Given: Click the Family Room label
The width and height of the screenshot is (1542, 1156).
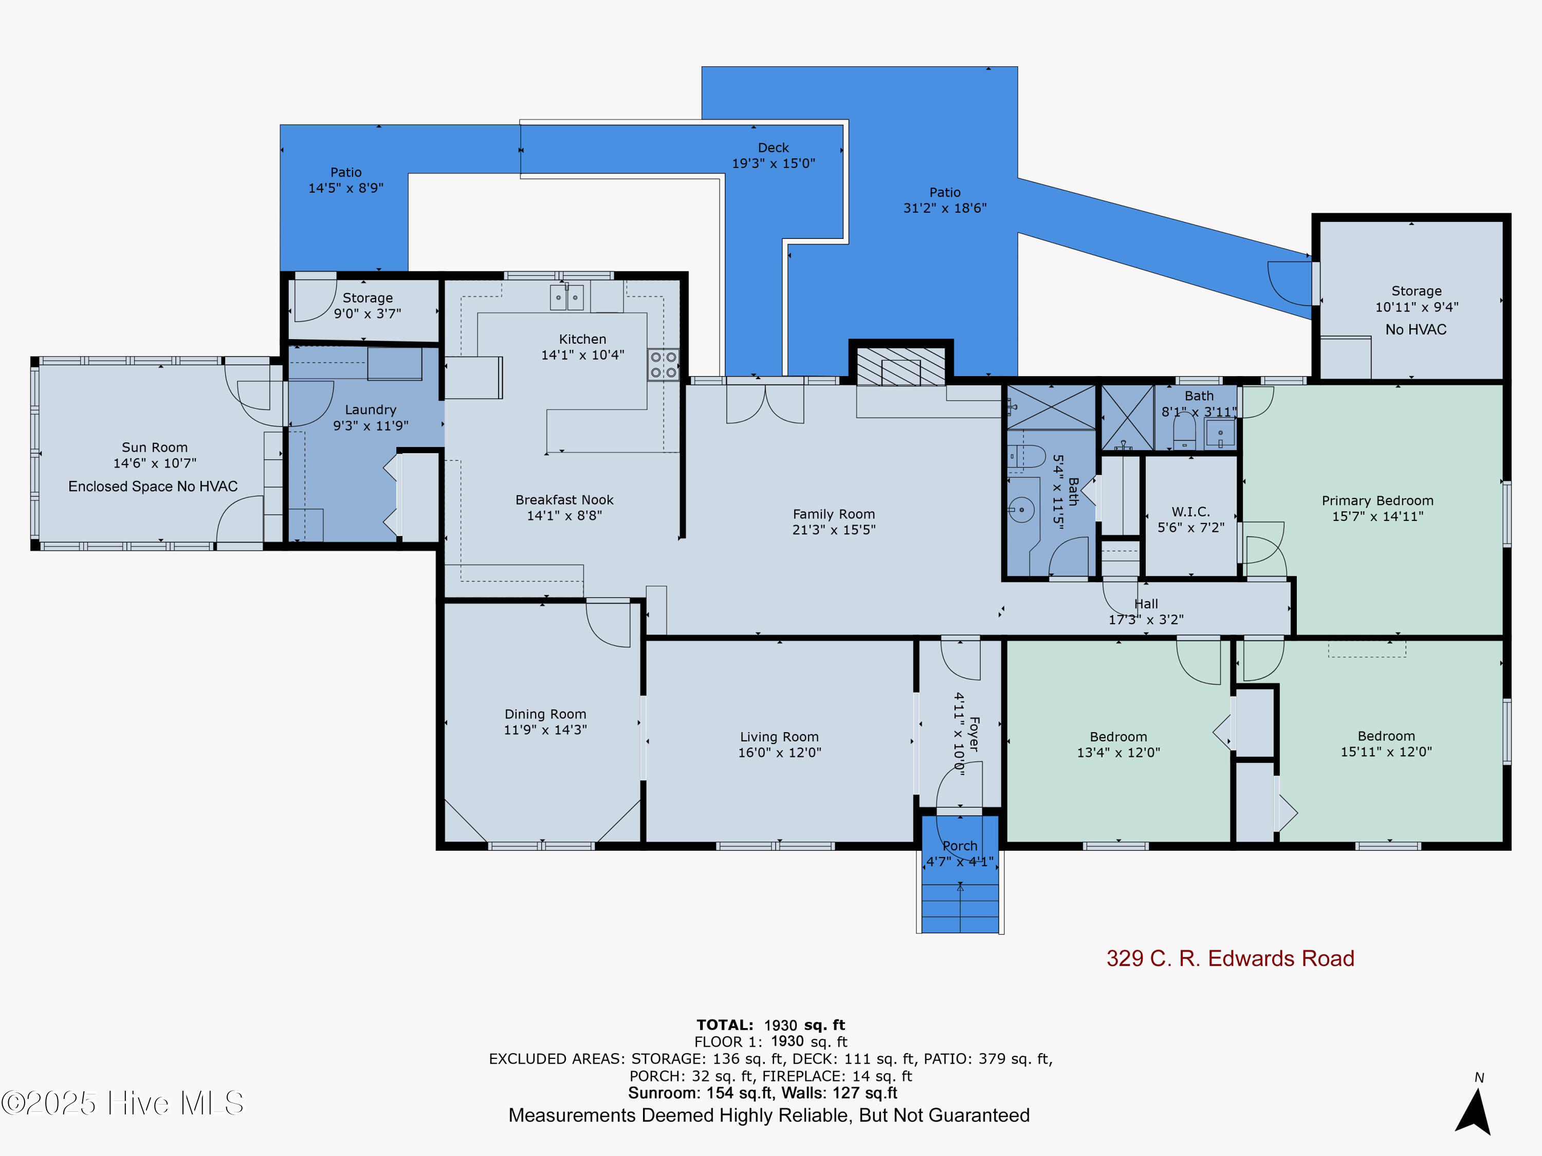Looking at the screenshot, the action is (834, 514).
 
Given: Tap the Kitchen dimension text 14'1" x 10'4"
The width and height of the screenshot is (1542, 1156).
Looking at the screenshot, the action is (583, 355).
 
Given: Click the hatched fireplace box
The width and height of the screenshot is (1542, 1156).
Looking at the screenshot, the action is (901, 366).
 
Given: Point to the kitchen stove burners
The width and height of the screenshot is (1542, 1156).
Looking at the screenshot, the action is (663, 364).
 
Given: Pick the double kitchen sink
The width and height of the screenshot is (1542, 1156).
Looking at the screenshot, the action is (567, 297).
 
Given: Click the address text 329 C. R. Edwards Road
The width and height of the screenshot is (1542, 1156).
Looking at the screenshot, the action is (1231, 959).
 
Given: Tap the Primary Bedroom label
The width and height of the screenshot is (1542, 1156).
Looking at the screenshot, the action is (1378, 500).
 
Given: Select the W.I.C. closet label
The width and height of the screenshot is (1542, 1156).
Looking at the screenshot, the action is (1190, 511).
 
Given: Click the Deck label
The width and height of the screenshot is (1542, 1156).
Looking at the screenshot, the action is (773, 148).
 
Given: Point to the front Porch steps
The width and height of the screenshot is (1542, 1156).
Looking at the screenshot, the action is (960, 909).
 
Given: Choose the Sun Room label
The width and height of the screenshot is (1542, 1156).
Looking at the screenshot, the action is (155, 448).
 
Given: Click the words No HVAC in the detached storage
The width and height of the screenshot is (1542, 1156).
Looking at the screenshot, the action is (1416, 330).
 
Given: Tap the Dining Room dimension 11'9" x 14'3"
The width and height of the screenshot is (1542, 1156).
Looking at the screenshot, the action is (545, 730).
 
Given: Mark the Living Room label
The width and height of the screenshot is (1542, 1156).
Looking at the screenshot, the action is (779, 737).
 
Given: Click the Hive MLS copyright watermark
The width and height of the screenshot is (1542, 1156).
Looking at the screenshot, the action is (123, 1103).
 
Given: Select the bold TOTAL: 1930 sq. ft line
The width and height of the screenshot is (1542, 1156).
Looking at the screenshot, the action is (770, 1025).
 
